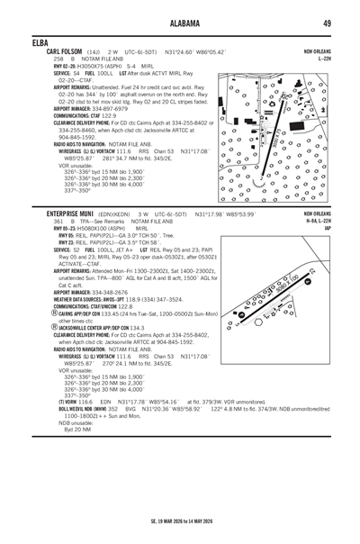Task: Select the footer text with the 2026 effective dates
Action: tap(180, 521)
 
